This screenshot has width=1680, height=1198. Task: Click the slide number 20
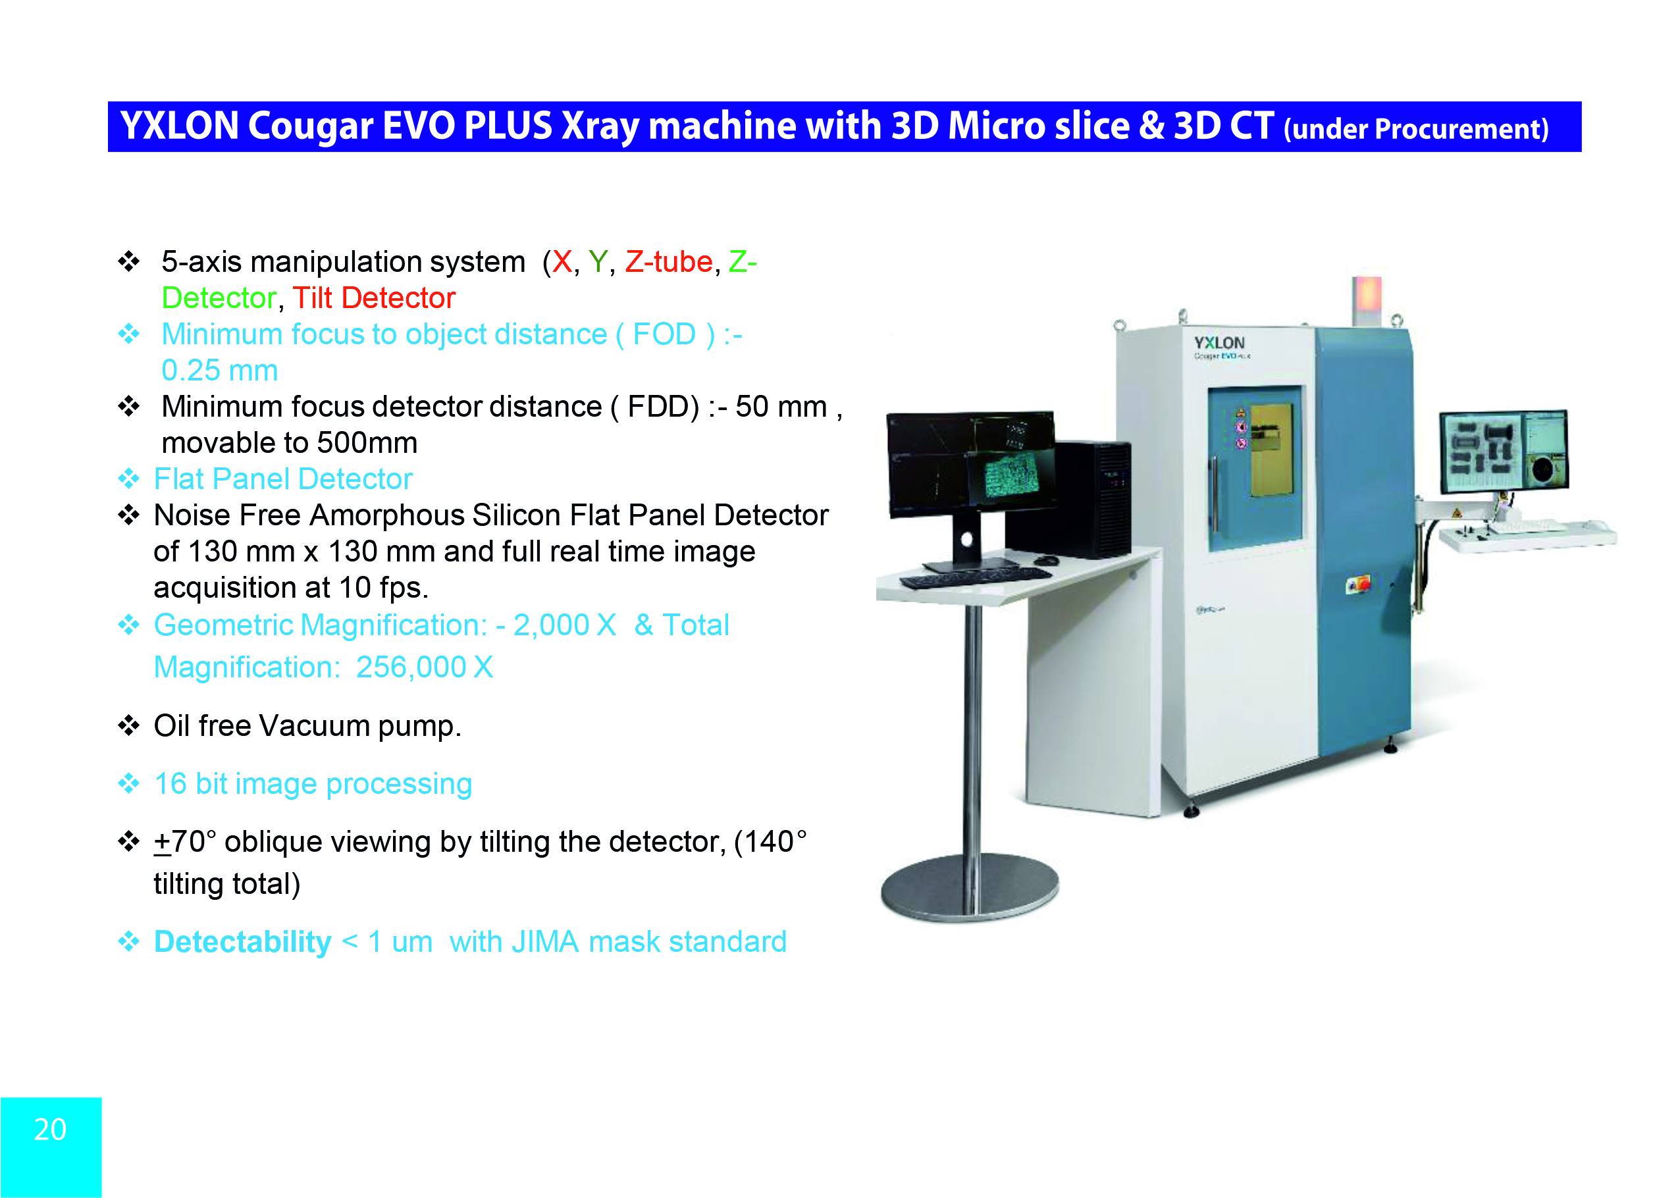[50, 1130]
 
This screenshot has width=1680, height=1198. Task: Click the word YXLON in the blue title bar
[179, 126]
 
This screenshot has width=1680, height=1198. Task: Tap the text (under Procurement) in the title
[1416, 129]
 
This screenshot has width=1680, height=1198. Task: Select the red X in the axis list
[562, 262]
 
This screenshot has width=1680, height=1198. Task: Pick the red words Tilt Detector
[374, 298]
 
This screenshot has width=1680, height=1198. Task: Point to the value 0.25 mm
[220, 371]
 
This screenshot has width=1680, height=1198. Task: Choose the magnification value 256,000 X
[424, 667]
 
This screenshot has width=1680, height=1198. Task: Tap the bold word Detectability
[243, 942]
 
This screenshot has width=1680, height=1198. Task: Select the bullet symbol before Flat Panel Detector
[129, 479]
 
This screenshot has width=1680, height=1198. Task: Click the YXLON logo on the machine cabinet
[1219, 343]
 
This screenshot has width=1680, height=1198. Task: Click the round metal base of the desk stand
[970, 887]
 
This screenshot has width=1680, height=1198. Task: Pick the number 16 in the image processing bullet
[171, 783]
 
